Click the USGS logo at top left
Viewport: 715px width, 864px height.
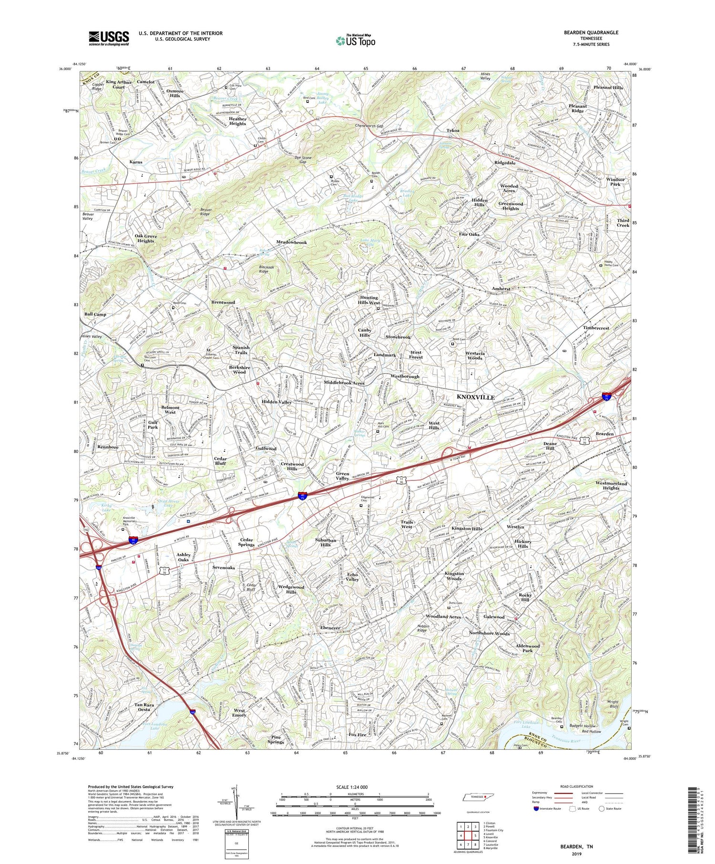(109, 38)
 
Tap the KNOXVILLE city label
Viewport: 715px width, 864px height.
(476, 397)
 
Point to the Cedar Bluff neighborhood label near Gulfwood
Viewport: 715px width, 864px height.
(220, 461)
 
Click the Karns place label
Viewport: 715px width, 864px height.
(136, 162)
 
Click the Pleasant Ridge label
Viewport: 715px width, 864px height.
(577, 108)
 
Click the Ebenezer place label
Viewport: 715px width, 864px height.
(330, 628)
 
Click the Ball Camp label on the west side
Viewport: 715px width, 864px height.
(95, 315)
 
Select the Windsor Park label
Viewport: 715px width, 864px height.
(615, 182)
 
